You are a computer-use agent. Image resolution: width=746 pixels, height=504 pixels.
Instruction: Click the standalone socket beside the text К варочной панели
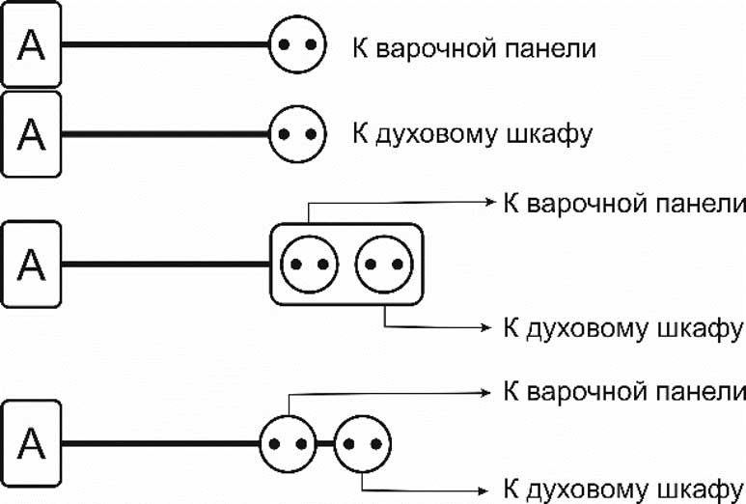295,45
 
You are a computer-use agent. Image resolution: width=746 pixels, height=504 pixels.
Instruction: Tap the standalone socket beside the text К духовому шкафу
295,132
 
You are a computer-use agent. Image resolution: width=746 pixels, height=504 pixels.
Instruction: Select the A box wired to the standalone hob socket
32,45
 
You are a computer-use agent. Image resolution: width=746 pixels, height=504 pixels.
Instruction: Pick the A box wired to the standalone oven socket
32,133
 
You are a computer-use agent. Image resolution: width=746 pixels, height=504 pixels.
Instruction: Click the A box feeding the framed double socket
32,263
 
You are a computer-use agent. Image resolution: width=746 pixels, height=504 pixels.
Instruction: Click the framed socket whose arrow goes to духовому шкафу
384,264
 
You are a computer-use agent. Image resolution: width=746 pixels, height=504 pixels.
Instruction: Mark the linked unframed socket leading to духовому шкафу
363,443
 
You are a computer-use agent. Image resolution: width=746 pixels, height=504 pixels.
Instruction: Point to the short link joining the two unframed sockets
326,443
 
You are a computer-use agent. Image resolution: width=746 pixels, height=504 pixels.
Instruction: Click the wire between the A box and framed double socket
164,263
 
